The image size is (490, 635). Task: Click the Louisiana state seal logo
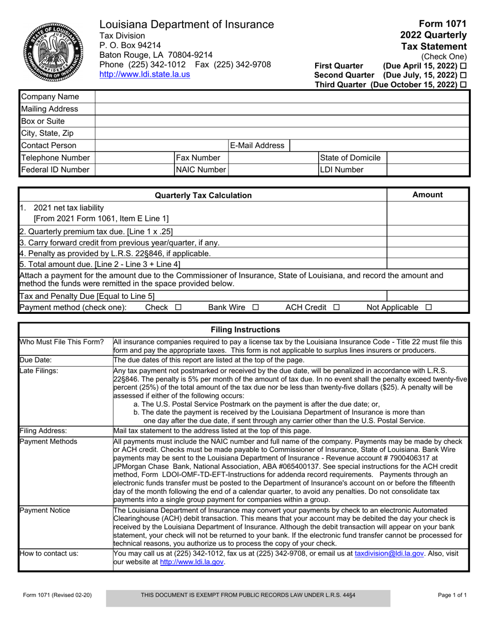pos(52,50)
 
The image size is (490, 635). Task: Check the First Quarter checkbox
pos(463,66)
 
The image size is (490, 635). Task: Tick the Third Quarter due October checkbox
pos(463,84)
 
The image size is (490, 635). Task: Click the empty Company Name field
pos(282,97)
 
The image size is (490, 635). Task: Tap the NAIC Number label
pos(201,169)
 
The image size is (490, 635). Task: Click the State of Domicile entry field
pos(428,157)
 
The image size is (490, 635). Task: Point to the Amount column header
pos(428,195)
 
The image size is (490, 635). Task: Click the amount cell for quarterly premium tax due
pos(428,231)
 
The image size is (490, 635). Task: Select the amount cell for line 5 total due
pos(428,264)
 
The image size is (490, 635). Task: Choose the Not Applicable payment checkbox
pos(428,308)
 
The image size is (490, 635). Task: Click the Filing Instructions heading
pos(243,329)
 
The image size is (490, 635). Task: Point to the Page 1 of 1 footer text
pos(452,595)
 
